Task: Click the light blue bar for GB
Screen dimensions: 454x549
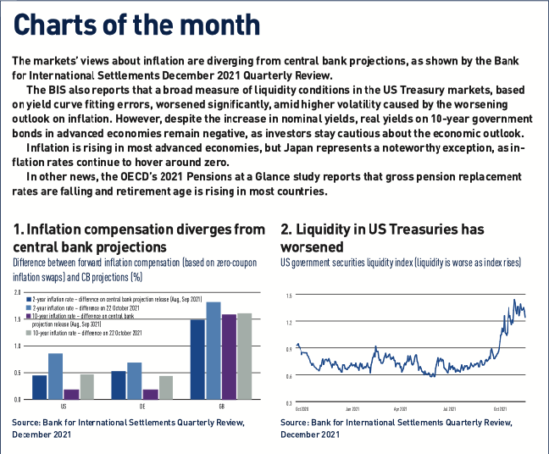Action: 213,350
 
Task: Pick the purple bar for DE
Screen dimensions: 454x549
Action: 150,394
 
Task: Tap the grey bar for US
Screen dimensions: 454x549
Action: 86,386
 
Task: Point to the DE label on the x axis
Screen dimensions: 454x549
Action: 142,406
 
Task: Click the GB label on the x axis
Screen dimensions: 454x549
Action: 221,406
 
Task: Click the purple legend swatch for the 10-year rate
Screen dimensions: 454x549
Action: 30,316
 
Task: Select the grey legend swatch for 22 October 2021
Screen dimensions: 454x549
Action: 30,333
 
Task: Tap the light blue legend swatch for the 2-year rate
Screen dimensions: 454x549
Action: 30,308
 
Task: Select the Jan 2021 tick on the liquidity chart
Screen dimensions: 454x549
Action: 352,407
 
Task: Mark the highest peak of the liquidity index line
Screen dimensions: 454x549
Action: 514,300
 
